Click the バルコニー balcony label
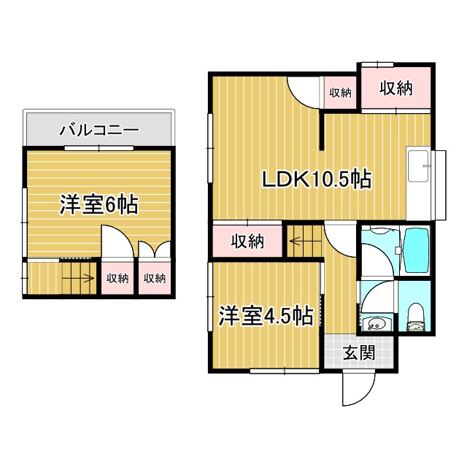99,131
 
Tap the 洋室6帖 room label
99,205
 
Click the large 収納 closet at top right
395,89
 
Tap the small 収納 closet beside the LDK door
340,93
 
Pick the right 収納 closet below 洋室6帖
154,278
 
